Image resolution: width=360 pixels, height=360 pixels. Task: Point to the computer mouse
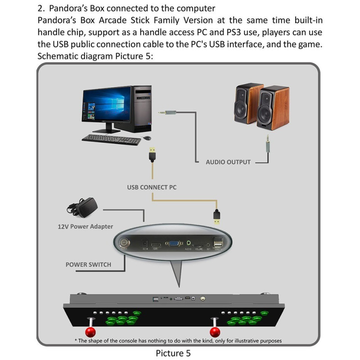pos(146,137)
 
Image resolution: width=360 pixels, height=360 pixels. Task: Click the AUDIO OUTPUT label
pos(228,162)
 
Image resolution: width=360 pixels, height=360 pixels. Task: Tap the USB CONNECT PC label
pos(152,187)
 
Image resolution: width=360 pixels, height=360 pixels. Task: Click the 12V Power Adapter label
pos(85,226)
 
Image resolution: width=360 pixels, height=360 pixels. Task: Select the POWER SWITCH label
pos(88,264)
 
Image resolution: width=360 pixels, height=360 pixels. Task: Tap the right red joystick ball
pos(216,333)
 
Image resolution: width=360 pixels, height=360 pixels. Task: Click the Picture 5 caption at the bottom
pos(173,353)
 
